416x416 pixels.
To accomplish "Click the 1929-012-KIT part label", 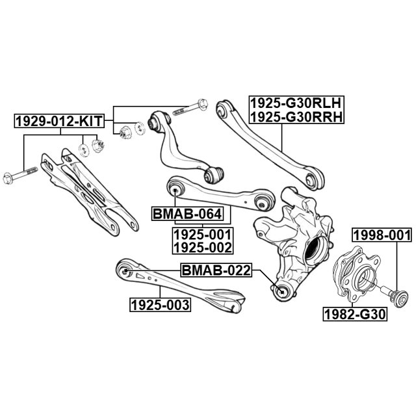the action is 59,121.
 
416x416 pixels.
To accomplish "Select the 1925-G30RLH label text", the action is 296,103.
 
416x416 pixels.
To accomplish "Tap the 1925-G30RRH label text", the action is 296,117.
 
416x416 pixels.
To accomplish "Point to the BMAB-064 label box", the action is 187,214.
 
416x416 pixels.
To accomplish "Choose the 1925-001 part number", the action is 202,235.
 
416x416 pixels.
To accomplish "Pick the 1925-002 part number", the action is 202,248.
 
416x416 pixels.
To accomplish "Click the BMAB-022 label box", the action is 216,270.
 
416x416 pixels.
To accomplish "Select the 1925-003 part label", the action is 161,305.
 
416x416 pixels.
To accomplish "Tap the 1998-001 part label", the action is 382,235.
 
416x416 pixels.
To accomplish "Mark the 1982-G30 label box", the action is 355,315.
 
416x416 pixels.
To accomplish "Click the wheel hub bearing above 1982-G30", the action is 354,275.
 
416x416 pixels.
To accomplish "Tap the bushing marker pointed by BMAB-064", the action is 175,190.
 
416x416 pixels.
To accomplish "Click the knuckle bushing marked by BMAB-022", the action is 282,292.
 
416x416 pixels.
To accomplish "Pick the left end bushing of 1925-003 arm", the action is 125,270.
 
